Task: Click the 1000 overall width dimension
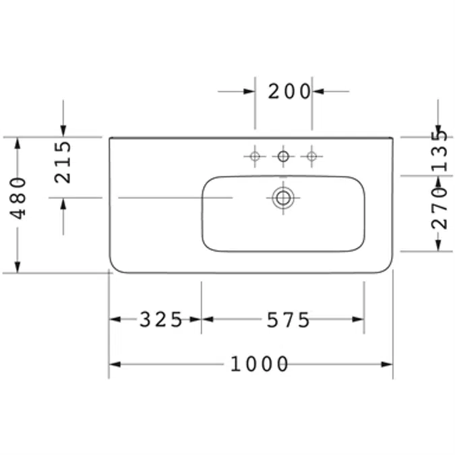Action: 259,364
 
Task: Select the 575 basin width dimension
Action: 288,320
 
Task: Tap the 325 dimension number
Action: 160,320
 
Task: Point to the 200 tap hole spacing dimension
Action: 289,92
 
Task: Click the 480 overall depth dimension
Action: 18,198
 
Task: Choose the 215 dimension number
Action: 63,162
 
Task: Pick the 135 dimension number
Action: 439,151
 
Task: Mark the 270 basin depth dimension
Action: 439,208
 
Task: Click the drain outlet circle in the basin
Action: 283,198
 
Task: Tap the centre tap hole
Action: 283,156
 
